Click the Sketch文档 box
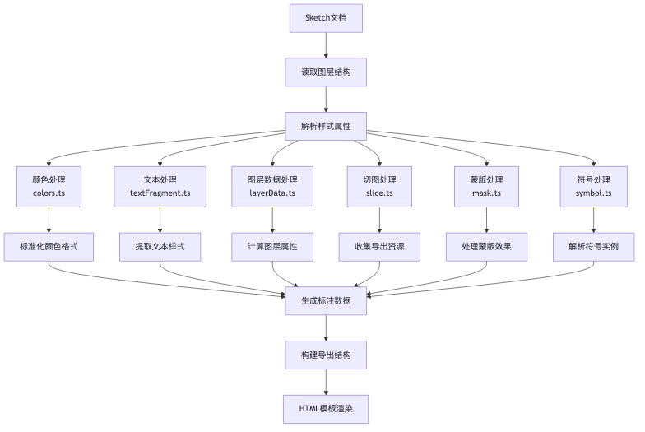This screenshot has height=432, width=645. pyautogui.click(x=326, y=18)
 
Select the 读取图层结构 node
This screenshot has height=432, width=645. pyautogui.click(x=326, y=72)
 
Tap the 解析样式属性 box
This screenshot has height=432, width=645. pyautogui.click(x=326, y=127)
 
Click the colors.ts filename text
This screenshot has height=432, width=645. pyautogui.click(x=49, y=193)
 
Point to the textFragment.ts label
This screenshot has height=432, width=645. pyautogui.click(x=160, y=193)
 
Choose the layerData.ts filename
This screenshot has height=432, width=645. pyautogui.click(x=272, y=193)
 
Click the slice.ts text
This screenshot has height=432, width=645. pyautogui.click(x=379, y=193)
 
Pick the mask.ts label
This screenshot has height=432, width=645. pyautogui.click(x=487, y=193)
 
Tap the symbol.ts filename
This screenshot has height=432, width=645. pyautogui.click(x=594, y=193)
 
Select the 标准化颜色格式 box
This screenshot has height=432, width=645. pyautogui.click(x=49, y=247)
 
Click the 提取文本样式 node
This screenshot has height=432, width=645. pyautogui.click(x=160, y=247)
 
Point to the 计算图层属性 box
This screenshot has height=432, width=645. pyautogui.click(x=272, y=247)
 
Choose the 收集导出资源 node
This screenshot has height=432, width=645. pyautogui.click(x=379, y=247)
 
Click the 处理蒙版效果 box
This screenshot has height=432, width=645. pyautogui.click(x=487, y=247)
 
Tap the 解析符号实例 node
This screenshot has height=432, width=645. pyautogui.click(x=594, y=247)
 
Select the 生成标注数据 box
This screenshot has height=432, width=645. pyautogui.click(x=326, y=301)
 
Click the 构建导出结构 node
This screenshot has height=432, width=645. pyautogui.click(x=326, y=355)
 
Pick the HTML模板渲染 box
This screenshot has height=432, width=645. pyautogui.click(x=326, y=409)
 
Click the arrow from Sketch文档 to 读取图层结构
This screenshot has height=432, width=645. pyautogui.click(x=326, y=45)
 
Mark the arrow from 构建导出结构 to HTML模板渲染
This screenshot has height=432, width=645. pyautogui.click(x=326, y=382)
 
